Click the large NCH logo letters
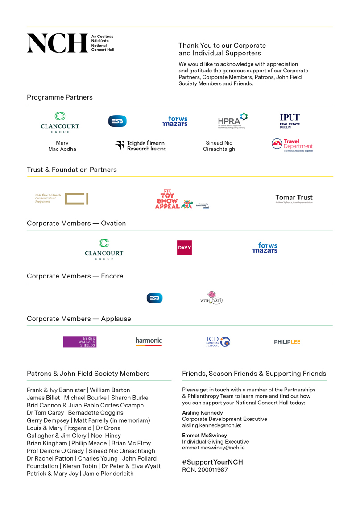[x=57, y=43]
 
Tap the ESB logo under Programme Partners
[x=117, y=121]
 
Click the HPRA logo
[x=232, y=120]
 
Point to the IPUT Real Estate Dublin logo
[x=290, y=121]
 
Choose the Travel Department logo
[x=292, y=145]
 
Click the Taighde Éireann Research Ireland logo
[x=141, y=146]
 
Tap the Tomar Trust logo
[x=294, y=198]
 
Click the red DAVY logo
[x=184, y=248]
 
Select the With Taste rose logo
[x=211, y=298]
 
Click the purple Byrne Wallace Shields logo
[x=79, y=342]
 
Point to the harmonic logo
[x=149, y=341]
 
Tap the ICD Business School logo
[x=218, y=342]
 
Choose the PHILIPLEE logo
[x=287, y=342]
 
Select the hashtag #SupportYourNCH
[x=212, y=462]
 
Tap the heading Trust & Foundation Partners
[x=72, y=170]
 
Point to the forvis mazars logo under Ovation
[x=265, y=248]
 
